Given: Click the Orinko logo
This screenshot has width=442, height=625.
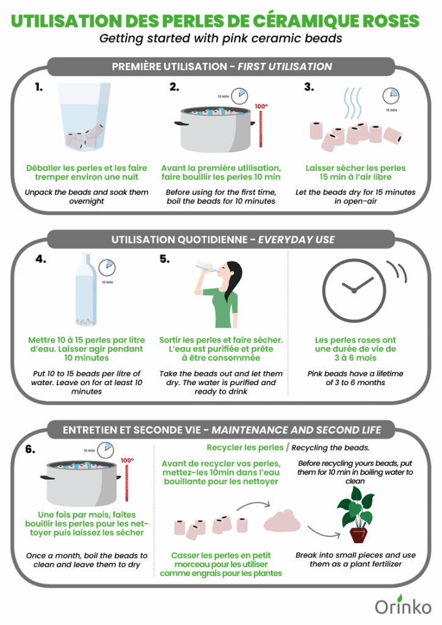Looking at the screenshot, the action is coord(403,605).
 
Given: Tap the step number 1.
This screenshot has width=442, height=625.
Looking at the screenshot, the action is coord(38,87).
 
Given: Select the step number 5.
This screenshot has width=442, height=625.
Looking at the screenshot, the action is coord(164,259).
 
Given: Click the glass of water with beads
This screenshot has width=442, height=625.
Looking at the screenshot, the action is coord(84,117).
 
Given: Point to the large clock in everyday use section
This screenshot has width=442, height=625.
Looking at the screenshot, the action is coord(354,290).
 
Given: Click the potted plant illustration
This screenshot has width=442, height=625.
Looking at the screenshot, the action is coord(356,515).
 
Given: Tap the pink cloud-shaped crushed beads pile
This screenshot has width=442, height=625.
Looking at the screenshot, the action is coord(282,521).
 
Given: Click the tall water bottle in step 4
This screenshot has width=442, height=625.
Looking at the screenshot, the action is coord(86,289).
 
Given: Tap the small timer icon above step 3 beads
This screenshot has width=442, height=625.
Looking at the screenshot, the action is coord(391,96).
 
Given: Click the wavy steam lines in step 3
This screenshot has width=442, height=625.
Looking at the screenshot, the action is coord(353,104).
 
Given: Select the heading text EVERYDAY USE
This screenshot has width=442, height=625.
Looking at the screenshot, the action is coord(297,239).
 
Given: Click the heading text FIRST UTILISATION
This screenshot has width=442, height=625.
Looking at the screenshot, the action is coord(285,67).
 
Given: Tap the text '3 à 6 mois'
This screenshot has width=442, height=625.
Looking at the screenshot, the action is coord(355,358).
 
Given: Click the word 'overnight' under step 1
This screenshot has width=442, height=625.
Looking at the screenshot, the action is coord(87,201).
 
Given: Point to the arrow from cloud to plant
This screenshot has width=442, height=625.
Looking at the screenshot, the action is coord(324,532).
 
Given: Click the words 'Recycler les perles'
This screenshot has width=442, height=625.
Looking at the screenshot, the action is coord(245,447).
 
